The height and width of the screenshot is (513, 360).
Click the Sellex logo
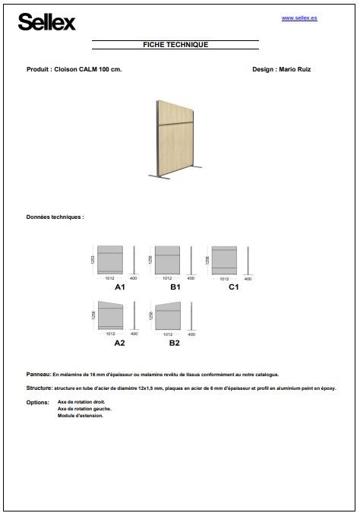pos(47,24)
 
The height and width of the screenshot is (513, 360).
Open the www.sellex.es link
pos(299,17)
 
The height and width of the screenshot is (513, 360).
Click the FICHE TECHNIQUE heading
pos(175,45)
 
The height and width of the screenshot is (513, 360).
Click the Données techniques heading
pos(55,217)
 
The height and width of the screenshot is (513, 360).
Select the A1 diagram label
pos(119,288)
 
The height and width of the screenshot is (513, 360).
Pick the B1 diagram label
pos(175,288)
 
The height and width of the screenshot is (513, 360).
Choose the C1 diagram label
pos(233,288)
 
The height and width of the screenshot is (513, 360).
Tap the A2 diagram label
pos(119,343)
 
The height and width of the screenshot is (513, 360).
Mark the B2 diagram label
pos(175,343)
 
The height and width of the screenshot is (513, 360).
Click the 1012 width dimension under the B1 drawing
pos(167,279)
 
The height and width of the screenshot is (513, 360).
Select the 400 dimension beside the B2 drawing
pos(191,334)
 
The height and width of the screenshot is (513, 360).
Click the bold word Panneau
pos(38,375)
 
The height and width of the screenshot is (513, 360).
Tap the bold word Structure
pos(39,388)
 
